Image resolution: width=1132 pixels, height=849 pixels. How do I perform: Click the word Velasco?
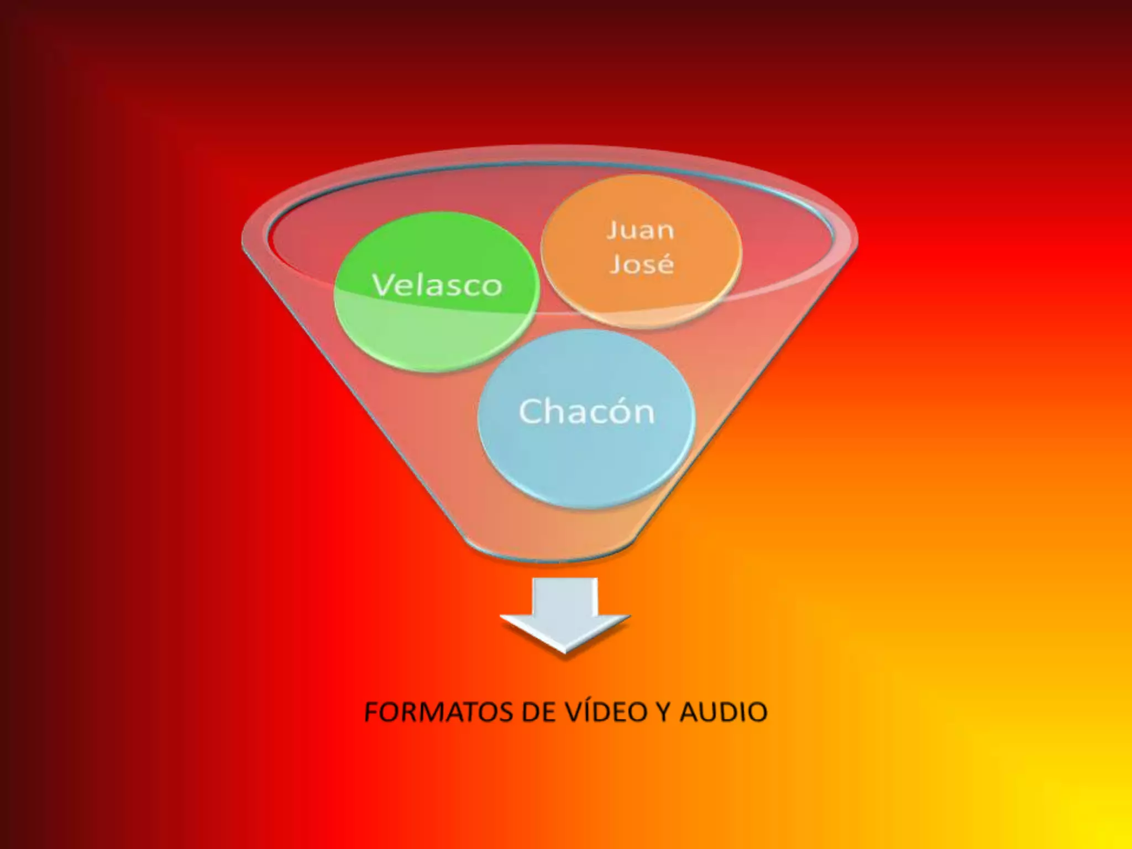(437, 286)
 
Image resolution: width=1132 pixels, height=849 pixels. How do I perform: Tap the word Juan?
(641, 230)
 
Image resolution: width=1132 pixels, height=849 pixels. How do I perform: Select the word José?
(642, 264)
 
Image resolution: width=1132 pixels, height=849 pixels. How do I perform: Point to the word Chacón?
(586, 412)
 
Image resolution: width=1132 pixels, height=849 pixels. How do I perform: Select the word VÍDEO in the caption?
(606, 712)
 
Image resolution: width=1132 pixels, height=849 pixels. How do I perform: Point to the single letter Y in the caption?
(664, 712)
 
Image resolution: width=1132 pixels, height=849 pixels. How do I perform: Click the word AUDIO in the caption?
(724, 712)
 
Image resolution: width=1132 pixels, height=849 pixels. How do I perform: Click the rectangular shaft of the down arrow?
(565, 597)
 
